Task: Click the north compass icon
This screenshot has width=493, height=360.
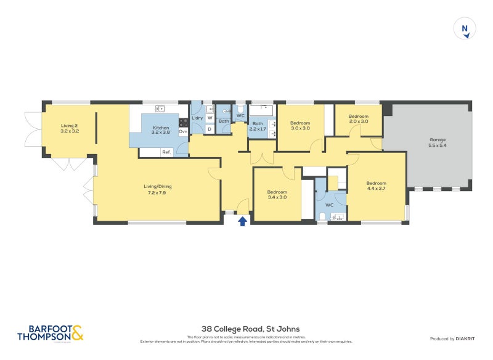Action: pos(465,29)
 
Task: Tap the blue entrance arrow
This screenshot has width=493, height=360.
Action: pos(243,220)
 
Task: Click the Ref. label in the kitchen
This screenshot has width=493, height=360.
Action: pos(166,152)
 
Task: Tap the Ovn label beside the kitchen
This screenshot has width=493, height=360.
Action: pos(183,131)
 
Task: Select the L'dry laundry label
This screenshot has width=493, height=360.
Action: pos(197,118)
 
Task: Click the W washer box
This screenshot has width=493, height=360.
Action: pos(210,118)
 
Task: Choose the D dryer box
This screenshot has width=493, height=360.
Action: pos(210,129)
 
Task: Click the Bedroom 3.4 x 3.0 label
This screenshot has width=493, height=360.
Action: pos(277,195)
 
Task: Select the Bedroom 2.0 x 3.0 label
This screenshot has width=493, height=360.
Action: pos(358,119)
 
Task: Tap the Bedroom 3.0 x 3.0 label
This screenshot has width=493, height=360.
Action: pos(300,125)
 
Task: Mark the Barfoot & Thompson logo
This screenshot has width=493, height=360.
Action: pos(49,333)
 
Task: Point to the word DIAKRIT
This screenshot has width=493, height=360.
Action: pos(468,338)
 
